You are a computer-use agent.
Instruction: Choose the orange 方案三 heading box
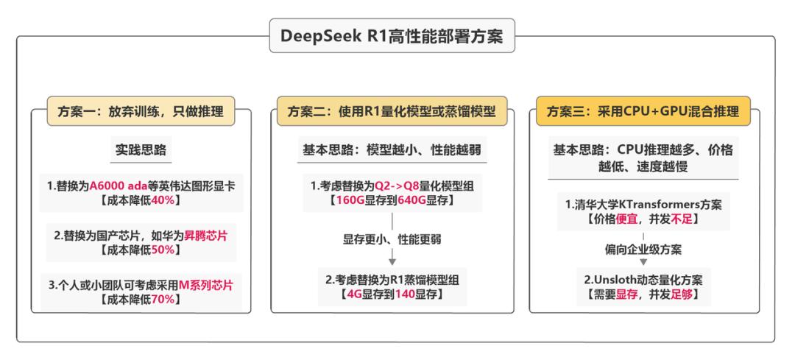point(643,112)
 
